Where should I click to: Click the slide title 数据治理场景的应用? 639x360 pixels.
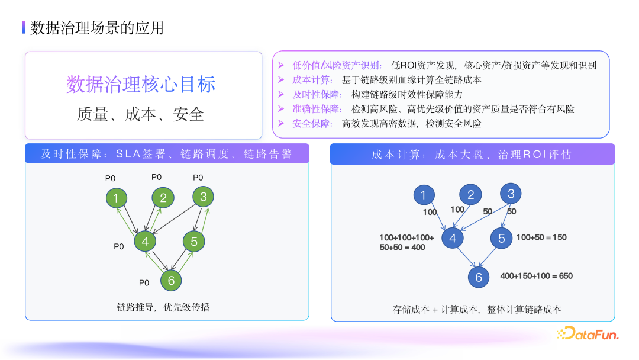click(x=97, y=28)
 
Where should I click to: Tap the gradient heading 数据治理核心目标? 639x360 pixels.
click(x=141, y=84)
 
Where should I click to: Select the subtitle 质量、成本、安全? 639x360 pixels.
click(x=141, y=114)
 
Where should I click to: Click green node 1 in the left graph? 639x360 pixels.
click(x=117, y=198)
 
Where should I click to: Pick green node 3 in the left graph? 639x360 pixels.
click(x=203, y=197)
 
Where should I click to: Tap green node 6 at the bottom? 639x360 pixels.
click(x=171, y=280)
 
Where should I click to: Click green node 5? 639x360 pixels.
click(x=193, y=241)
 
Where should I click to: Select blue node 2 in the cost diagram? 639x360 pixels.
click(x=470, y=195)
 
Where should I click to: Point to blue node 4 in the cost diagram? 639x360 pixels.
click(x=453, y=238)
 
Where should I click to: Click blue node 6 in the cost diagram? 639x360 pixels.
click(x=479, y=277)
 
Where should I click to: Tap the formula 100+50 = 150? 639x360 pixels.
click(x=541, y=237)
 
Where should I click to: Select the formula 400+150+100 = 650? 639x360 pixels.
click(x=536, y=276)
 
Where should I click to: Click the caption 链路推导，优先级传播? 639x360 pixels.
click(x=163, y=307)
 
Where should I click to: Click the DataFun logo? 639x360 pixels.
click(x=588, y=335)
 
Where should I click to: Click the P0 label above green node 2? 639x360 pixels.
click(x=157, y=176)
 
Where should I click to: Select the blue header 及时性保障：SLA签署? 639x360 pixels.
click(x=166, y=155)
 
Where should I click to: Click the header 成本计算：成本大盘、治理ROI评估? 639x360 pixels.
click(x=472, y=155)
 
